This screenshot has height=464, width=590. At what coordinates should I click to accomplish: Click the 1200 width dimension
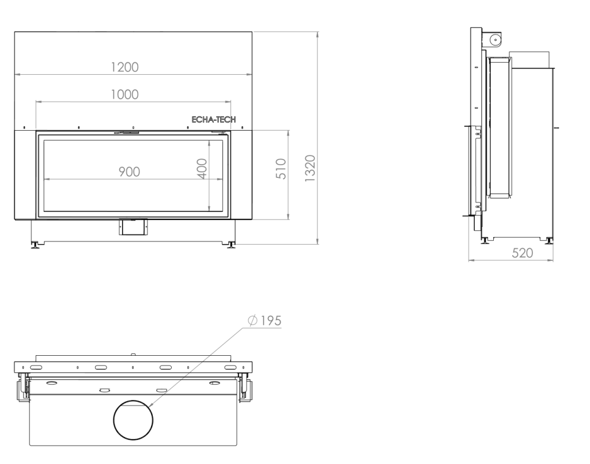tap(125, 67)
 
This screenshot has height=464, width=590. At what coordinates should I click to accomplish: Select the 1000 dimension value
tap(125, 94)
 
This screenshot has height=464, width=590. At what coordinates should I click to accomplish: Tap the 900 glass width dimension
tap(130, 172)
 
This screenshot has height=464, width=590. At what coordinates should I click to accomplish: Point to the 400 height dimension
tap(202, 169)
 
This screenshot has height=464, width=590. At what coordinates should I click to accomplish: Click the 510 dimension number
tap(281, 169)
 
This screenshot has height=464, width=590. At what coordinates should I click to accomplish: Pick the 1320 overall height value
tap(309, 169)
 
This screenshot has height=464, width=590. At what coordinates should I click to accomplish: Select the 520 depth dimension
tap(522, 253)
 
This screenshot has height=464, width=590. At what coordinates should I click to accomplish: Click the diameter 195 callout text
tap(265, 320)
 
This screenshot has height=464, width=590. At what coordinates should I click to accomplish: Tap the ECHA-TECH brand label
tap(214, 120)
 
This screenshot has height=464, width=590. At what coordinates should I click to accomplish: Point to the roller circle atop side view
tap(495, 39)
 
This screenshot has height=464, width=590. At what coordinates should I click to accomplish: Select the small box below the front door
tap(134, 227)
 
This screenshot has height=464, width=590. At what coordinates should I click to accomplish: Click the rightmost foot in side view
tap(550, 240)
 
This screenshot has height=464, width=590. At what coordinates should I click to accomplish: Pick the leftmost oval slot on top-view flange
tap(36, 367)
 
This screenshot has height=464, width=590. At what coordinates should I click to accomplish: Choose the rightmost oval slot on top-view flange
tap(231, 367)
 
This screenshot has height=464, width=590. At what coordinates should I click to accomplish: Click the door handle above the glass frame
tap(127, 132)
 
